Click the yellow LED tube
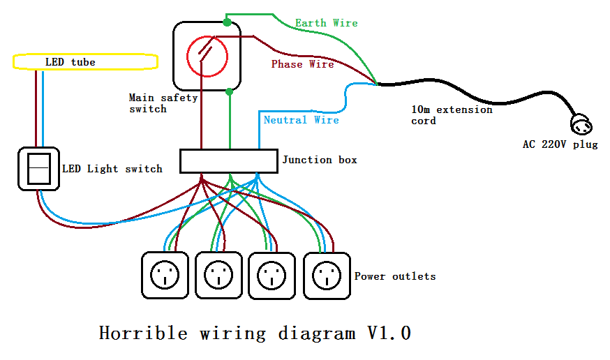[x=85, y=62]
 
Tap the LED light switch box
[x=39, y=168]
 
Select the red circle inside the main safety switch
[x=206, y=55]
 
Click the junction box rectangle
[x=229, y=161]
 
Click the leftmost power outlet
[x=165, y=276]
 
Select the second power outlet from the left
[x=218, y=276]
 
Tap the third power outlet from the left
[x=271, y=276]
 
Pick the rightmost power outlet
[x=326, y=276]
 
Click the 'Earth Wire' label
[x=326, y=23]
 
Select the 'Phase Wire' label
[x=302, y=64]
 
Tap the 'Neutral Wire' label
[x=301, y=120]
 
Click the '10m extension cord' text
[x=452, y=115]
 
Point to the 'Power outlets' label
[x=395, y=276]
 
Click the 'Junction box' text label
[x=320, y=160]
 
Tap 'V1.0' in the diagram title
[x=389, y=333]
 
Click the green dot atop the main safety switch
[x=227, y=22]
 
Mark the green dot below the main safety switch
[x=230, y=91]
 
